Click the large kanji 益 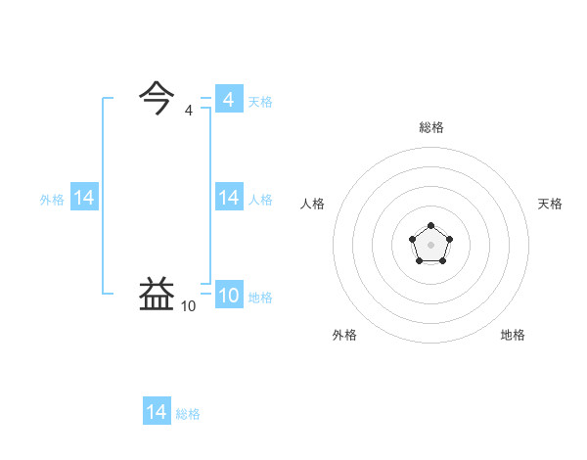click(158, 295)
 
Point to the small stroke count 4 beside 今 click(188, 111)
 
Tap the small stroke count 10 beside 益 click(188, 306)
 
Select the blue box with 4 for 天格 click(229, 100)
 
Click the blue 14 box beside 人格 click(229, 198)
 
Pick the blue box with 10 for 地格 click(229, 296)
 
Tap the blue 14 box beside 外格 click(84, 198)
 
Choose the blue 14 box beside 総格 click(157, 412)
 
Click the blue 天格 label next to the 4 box click(260, 101)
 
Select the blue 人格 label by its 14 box click(260, 199)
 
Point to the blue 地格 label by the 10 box click(260, 298)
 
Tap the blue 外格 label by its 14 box click(52, 199)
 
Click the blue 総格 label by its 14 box click(188, 414)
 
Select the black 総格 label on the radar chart click(431, 127)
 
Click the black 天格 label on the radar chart click(550, 204)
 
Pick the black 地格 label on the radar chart click(513, 335)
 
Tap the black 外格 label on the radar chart click(344, 335)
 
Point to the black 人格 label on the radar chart click(312, 204)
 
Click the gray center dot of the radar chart click(430, 243)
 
